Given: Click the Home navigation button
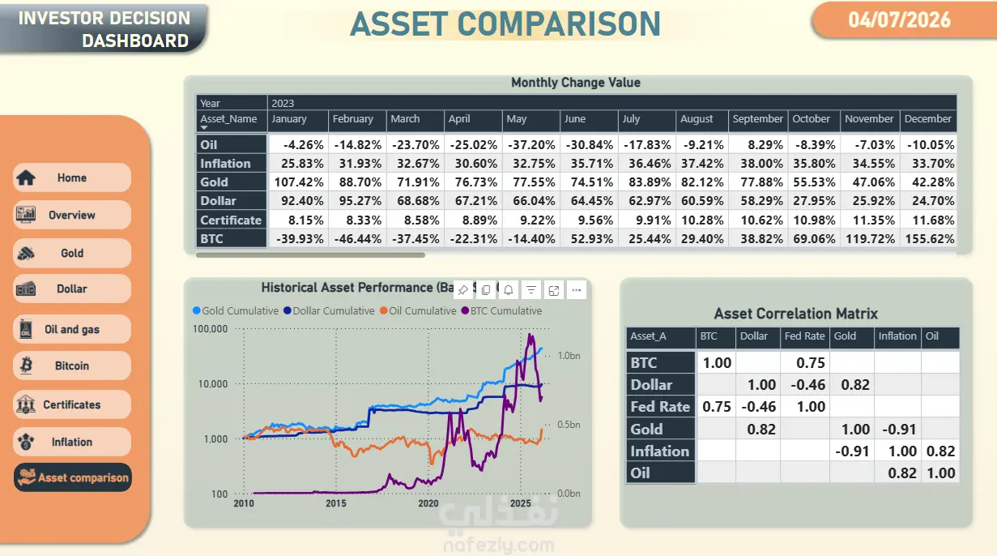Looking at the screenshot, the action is [x=72, y=177].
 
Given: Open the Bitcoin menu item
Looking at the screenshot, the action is [x=72, y=366].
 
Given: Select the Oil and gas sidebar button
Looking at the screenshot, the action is [x=72, y=329].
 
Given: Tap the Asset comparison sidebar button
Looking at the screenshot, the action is [x=73, y=477].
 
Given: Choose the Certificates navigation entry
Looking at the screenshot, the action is [x=72, y=404].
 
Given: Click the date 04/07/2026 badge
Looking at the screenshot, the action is [x=899, y=20].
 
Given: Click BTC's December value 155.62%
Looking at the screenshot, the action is [x=930, y=239].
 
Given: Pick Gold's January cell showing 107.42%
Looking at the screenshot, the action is [x=299, y=182].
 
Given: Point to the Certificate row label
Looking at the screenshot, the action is [x=231, y=220].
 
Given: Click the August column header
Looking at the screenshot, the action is [x=697, y=119].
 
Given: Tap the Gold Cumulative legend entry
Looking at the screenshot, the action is [x=236, y=310].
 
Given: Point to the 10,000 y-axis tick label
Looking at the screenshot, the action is [x=213, y=384].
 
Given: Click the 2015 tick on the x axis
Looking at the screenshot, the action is [x=336, y=503].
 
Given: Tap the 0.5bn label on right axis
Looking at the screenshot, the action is [x=569, y=425].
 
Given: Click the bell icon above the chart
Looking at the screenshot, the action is [x=509, y=290].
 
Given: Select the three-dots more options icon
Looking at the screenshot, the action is [x=577, y=290].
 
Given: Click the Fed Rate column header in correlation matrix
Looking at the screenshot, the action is [x=804, y=336].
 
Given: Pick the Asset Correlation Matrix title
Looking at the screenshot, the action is [x=796, y=314].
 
